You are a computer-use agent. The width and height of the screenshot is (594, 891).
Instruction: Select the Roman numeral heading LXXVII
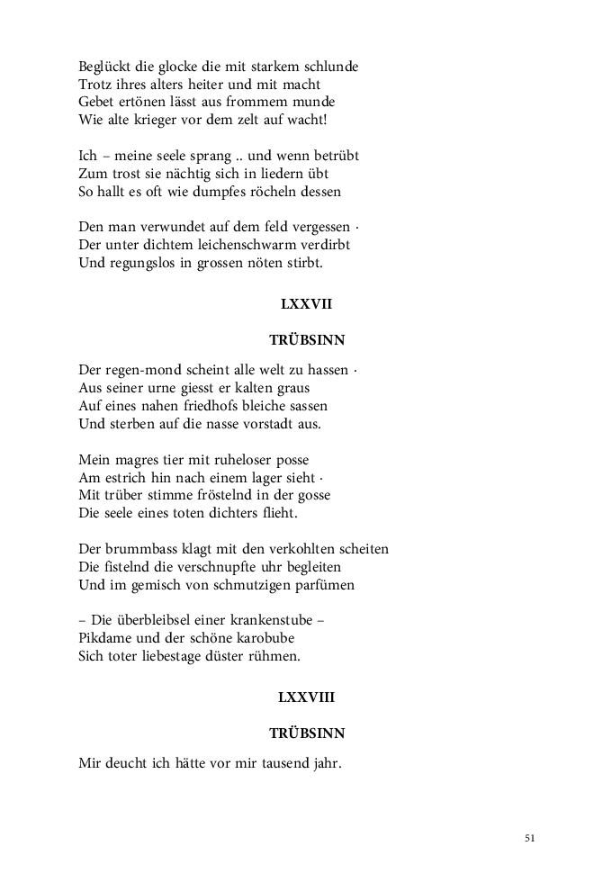click(x=306, y=304)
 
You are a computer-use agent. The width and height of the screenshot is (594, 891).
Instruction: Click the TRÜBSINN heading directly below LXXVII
click(x=307, y=340)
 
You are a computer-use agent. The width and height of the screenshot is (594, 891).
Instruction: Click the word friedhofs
click(x=208, y=406)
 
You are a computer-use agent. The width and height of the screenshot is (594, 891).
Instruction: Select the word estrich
click(x=126, y=477)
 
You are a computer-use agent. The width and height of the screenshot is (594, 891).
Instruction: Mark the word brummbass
click(x=137, y=549)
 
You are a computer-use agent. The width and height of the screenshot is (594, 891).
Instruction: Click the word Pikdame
click(x=106, y=638)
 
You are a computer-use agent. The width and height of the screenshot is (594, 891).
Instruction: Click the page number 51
click(x=529, y=838)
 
